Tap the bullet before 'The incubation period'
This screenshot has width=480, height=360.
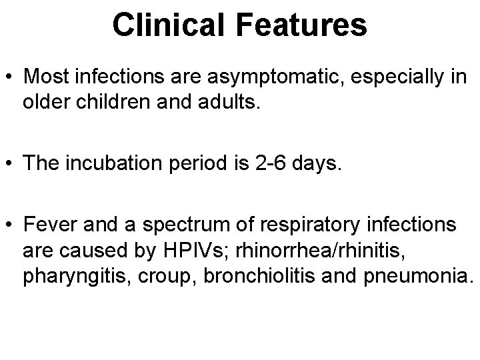pyautogui.click(x=11, y=165)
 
